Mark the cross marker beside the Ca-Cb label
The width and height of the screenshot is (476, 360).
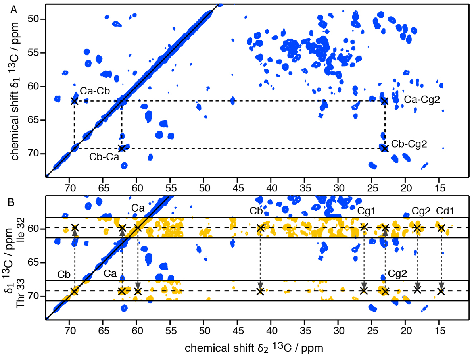click(75, 101)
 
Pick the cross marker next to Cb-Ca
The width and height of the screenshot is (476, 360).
click(122, 148)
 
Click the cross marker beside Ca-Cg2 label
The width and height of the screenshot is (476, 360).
click(384, 101)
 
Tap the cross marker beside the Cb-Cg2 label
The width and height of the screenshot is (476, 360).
click(384, 148)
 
